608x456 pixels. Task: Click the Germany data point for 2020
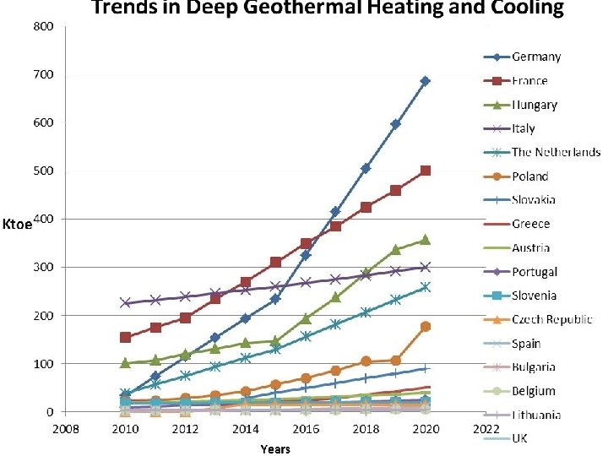[426, 81]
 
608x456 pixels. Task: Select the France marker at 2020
[426, 171]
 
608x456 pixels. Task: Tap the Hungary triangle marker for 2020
[426, 240]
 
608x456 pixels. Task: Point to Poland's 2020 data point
[426, 326]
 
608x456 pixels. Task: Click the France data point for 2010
[125, 337]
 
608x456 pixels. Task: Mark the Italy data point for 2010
[125, 302]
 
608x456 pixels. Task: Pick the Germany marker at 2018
[366, 169]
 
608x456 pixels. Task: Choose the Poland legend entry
[530, 176]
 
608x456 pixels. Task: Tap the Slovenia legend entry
[533, 296]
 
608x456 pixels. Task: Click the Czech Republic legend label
[551, 320]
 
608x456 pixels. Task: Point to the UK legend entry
[520, 438]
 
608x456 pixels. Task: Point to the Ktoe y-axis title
[18, 225]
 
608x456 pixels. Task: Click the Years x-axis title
[275, 448]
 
